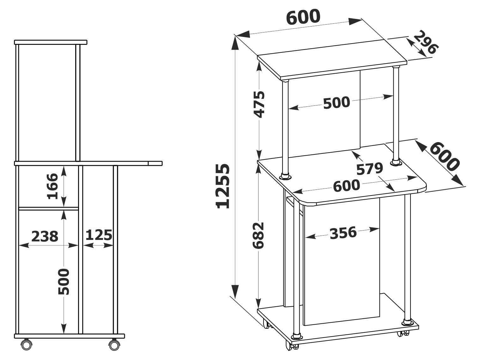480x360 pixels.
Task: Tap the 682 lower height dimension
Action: [x=259, y=235]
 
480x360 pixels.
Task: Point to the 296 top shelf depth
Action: [x=425, y=43]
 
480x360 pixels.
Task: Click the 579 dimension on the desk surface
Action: [x=369, y=169]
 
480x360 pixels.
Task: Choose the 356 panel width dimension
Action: [x=343, y=233]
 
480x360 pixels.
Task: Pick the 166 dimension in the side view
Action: [x=52, y=186]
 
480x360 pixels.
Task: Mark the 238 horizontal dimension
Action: [x=45, y=236]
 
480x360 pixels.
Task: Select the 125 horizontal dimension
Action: [x=99, y=235]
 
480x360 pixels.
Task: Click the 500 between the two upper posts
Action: [x=337, y=103]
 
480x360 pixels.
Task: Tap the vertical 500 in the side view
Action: [x=64, y=281]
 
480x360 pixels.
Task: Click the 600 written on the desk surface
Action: [x=346, y=186]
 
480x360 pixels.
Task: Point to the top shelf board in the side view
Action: [x=51, y=42]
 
